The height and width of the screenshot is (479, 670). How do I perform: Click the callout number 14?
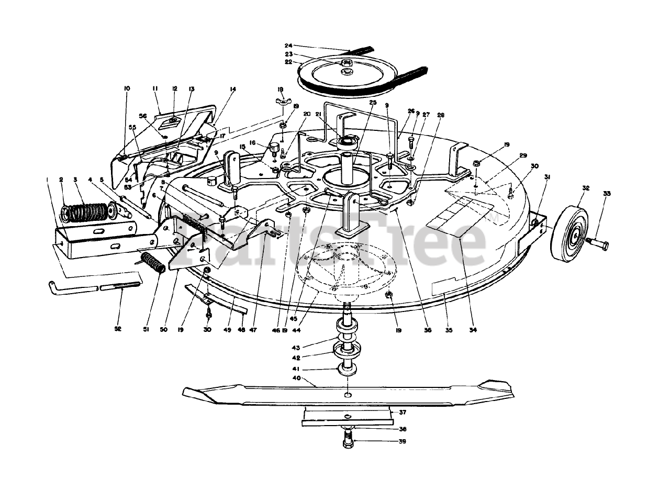pyautogui.click(x=232, y=89)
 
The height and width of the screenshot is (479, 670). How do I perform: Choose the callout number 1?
pyautogui.click(x=47, y=180)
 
